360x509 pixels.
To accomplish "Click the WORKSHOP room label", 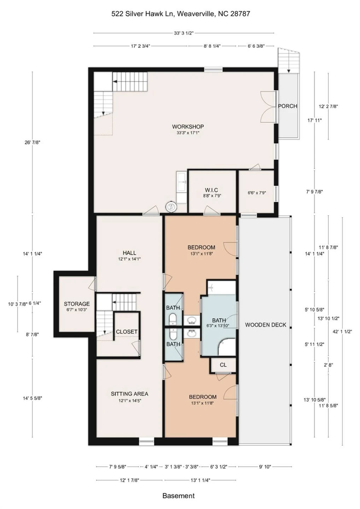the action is click(188, 127).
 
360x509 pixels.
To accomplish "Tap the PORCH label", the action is click(288, 106).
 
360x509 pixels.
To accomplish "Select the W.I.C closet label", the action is click(211, 190).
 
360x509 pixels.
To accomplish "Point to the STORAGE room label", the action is click(77, 304).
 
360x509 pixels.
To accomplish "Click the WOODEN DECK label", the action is click(266, 325).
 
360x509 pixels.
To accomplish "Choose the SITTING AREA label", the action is click(129, 394).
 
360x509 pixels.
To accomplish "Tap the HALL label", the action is click(129, 253).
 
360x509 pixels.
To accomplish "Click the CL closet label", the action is click(223, 365).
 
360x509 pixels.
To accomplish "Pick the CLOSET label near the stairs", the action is click(127, 332).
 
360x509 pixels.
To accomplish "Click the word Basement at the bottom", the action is click(179, 496).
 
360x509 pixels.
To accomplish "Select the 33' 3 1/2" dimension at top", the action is click(184, 33).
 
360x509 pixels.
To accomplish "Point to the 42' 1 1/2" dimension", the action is click(342, 332).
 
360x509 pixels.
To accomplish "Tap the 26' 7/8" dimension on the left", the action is click(32, 142).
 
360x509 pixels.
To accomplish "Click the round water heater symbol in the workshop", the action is click(171, 207).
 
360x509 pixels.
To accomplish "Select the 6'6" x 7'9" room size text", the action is click(257, 193).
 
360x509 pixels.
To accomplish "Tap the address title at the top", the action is click(181, 14).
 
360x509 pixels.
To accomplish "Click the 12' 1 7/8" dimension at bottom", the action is click(129, 480).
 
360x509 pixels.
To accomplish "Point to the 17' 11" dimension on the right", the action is click(314, 121).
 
